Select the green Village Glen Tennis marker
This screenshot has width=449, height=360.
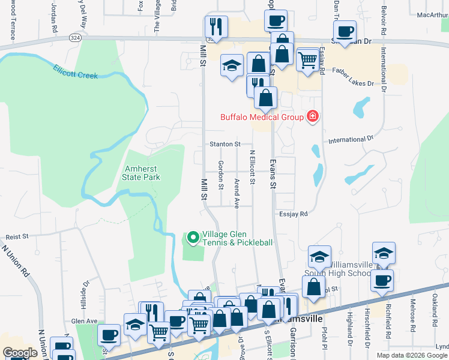point(193,238)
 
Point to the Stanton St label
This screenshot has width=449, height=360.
point(225,144)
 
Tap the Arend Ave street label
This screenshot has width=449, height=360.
point(237,193)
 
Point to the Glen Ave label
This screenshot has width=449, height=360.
point(84,321)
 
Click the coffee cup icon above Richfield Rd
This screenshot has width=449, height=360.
point(382,280)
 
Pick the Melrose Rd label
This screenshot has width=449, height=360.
point(413,314)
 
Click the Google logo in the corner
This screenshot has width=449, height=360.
point(20,353)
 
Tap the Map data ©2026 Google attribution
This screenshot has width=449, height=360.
point(412,355)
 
